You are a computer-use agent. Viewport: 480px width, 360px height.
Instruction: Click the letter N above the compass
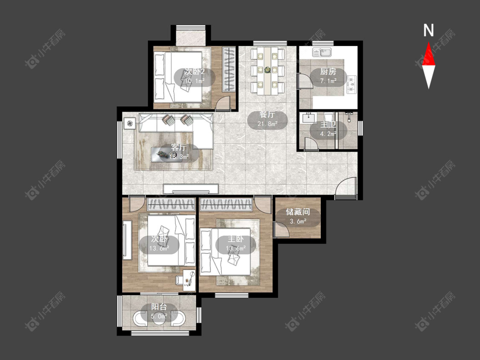pos(428,30)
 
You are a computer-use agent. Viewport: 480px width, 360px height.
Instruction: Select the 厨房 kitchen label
pos(328,72)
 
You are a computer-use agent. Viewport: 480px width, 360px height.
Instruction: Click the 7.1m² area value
pos(328,81)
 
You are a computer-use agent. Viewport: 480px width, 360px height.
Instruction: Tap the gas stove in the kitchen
pos(352,84)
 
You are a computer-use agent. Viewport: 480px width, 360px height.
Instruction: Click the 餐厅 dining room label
pos(267,115)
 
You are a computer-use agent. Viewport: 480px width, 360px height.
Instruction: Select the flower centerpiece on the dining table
pos(268,70)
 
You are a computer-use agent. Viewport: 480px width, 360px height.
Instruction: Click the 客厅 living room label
pos(179,148)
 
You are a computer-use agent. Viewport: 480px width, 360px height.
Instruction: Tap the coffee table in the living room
pos(166,154)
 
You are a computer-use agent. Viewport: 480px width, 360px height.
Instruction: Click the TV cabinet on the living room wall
pos(191,189)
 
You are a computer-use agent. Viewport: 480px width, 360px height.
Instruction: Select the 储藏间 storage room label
pos(298,212)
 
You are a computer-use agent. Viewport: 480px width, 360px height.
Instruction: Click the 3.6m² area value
pos(298,221)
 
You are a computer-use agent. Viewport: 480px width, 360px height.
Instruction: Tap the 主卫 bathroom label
pos(328,125)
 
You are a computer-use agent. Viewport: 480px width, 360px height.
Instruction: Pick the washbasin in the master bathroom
pos(308,117)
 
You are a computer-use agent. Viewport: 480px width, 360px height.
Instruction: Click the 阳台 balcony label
pos(159,307)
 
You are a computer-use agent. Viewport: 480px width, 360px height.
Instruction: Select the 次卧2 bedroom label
pos(195,72)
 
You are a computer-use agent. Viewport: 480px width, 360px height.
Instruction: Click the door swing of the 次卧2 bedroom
pos(222,104)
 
